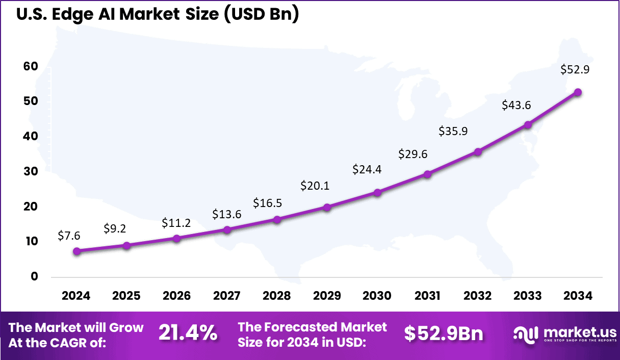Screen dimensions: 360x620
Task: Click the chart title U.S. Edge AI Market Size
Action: (x=158, y=15)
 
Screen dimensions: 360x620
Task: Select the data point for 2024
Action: (x=76, y=251)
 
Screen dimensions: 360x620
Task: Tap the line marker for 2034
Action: (x=578, y=92)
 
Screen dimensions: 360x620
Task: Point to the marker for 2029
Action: (x=327, y=207)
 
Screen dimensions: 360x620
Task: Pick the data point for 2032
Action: (x=478, y=152)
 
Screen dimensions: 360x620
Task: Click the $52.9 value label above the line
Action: (x=575, y=70)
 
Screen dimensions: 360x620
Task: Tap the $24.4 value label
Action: (x=367, y=169)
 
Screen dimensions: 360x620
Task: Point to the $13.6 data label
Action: (x=227, y=214)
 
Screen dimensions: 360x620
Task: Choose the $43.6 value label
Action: (x=516, y=105)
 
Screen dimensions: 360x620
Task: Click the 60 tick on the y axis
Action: (x=30, y=66)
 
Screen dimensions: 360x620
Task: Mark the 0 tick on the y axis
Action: (x=34, y=276)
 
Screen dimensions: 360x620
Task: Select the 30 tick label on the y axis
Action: (x=30, y=171)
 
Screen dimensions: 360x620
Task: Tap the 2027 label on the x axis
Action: (x=227, y=296)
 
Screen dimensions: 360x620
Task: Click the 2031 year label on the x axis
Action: (x=427, y=296)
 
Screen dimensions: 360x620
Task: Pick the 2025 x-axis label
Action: (x=126, y=296)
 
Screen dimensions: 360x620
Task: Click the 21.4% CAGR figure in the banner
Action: (x=188, y=333)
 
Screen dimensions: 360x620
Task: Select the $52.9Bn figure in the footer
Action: (x=444, y=333)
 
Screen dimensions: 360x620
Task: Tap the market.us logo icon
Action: (x=526, y=334)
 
